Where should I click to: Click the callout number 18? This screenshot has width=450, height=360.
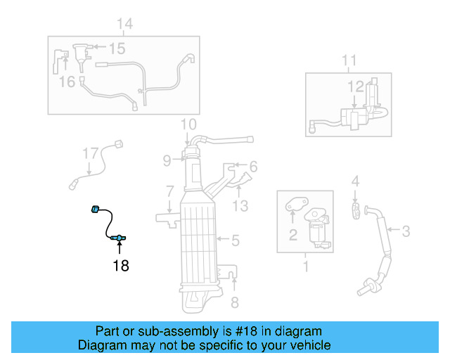[x=120, y=266]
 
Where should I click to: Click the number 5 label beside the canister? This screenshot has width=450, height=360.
[x=236, y=240]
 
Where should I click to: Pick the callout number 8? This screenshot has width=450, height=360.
[x=235, y=303]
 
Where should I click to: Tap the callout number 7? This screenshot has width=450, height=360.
[x=169, y=191]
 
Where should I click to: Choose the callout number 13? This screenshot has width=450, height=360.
[x=240, y=205]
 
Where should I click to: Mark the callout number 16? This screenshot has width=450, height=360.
[x=67, y=82]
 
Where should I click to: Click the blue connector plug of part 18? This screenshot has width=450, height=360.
[x=95, y=209]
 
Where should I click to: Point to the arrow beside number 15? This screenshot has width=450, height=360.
[x=98, y=48]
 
